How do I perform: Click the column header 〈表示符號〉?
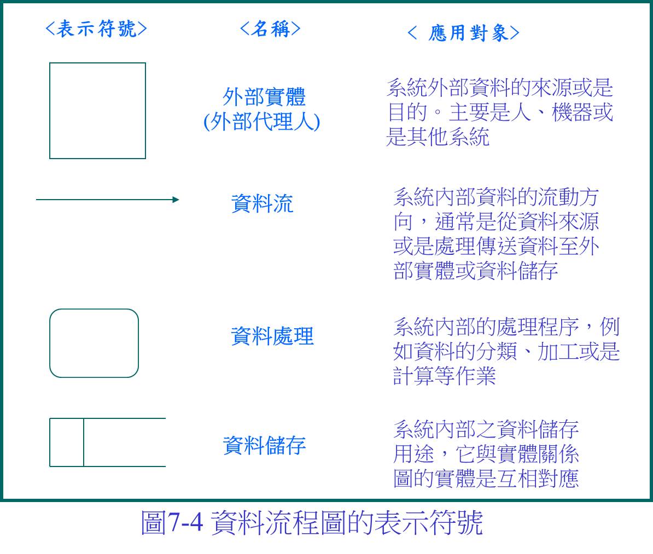[96, 29]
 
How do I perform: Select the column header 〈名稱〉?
[270, 29]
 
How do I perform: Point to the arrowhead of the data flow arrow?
[176, 200]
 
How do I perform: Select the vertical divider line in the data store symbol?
[83, 442]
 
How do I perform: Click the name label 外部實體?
[264, 97]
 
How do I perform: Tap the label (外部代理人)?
[261, 121]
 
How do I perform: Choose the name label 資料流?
[262, 203]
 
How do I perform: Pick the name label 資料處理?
[272, 336]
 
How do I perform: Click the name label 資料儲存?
[265, 445]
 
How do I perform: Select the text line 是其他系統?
[438, 137]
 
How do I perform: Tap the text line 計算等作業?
[444, 376]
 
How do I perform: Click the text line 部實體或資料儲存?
[476, 271]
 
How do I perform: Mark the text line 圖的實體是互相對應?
[486, 478]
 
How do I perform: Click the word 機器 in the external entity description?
[572, 112]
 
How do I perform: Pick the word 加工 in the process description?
[558, 351]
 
